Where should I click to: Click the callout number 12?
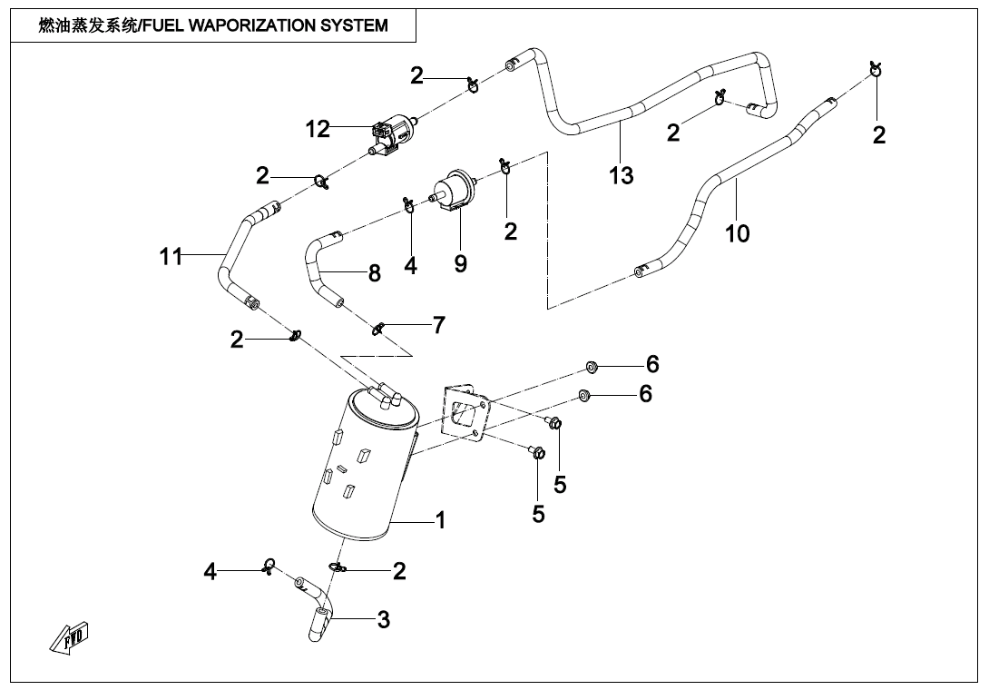318,129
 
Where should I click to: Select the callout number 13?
622,174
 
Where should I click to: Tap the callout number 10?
738,233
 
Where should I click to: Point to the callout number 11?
171,258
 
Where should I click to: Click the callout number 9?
461,263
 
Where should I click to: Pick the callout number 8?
375,272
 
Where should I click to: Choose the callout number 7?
439,324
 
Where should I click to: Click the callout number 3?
384,620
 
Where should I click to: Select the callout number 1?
440,520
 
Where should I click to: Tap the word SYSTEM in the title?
357,25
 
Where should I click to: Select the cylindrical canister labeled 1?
358,463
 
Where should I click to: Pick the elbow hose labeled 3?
318,608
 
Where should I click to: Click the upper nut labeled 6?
591,367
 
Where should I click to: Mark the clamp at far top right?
875,68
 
